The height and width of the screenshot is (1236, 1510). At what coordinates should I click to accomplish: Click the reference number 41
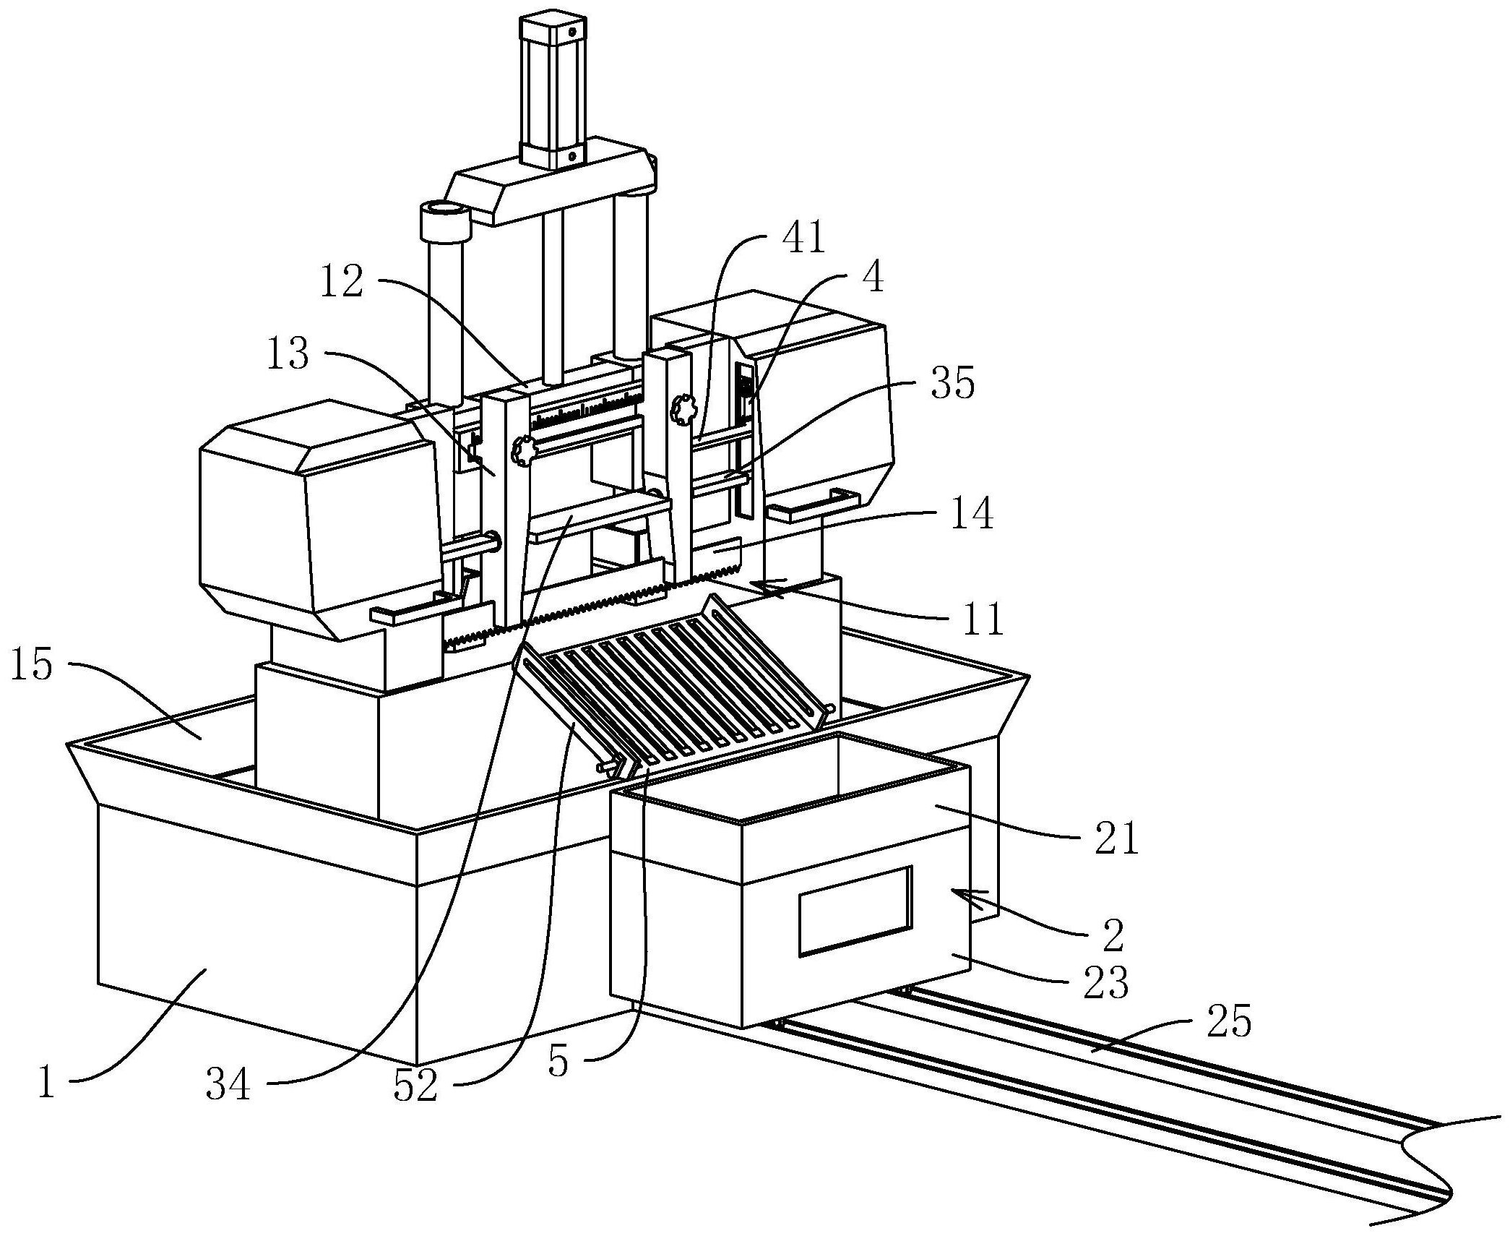pos(803,238)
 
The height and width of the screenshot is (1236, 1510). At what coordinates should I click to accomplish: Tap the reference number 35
pos(953,383)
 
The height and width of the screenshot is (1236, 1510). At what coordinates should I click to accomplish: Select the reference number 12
pos(342,282)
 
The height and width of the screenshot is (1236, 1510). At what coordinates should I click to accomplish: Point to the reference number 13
pos(288,355)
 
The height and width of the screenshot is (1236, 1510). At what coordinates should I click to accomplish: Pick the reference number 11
pos(982,619)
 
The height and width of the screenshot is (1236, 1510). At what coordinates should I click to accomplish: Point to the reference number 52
pos(415,1084)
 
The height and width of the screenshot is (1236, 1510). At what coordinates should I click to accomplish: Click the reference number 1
pos(47,1082)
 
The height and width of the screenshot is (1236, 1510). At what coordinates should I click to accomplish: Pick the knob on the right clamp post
pos(682,409)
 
